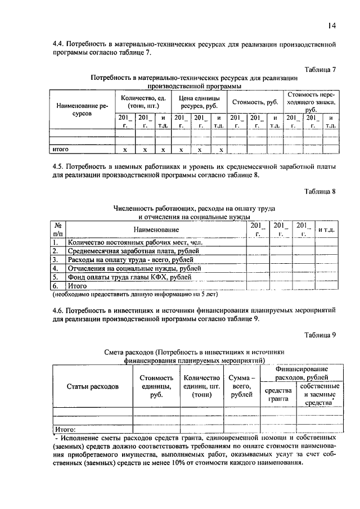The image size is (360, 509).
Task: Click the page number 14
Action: pyautogui.click(x=332, y=25)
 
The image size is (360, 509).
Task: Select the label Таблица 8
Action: pyautogui.click(x=319, y=191)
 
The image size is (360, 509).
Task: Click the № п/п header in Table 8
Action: pyautogui.click(x=58, y=229)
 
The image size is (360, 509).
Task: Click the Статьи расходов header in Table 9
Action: pyautogui.click(x=93, y=387)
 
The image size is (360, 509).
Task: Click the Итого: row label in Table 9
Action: pyautogui.click(x=66, y=428)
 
